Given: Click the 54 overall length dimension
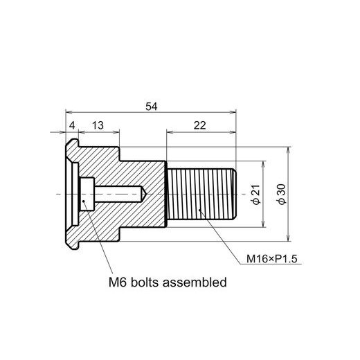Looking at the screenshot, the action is [152, 107].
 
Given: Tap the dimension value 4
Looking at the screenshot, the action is [72, 126].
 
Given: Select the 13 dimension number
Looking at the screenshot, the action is [98, 125].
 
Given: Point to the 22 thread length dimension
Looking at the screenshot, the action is [200, 125].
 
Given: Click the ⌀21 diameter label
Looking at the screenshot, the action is [257, 195].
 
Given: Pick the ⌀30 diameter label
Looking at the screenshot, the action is [282, 194].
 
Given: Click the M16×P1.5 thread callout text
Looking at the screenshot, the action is [272, 259].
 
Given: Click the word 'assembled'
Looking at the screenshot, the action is [195, 282].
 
